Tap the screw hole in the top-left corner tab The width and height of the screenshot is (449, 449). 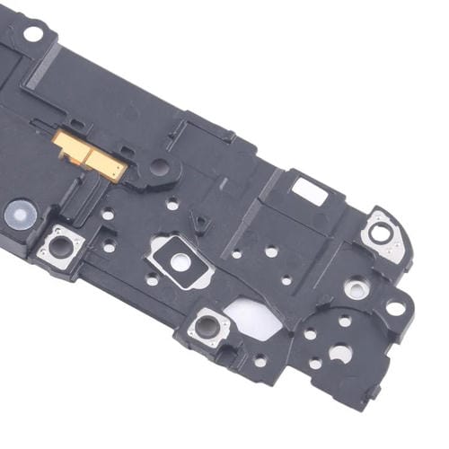pyautogui.click(x=32, y=34)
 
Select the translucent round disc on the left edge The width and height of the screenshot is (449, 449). pyautogui.click(x=20, y=213)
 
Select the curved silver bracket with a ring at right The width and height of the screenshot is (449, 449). pyautogui.click(x=383, y=235)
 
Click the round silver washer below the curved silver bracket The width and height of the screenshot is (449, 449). pyautogui.click(x=358, y=289)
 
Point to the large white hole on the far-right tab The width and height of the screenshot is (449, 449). pyautogui.click(x=396, y=308)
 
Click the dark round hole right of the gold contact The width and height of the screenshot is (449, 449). pyautogui.click(x=159, y=166)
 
